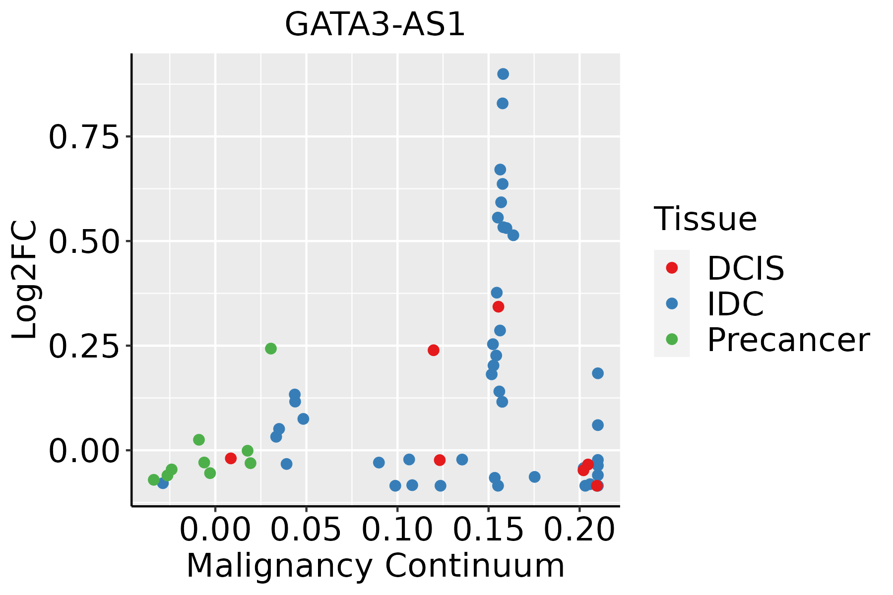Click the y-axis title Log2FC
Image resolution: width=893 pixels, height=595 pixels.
pos(25,280)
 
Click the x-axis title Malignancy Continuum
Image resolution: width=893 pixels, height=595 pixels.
pos(375,566)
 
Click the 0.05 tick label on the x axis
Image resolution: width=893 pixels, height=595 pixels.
pos(306,530)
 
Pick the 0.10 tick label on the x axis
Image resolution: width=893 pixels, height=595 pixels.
pos(397,530)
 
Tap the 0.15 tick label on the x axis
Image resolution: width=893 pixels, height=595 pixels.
pos(489,530)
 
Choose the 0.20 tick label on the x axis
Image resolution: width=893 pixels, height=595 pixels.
pos(579,530)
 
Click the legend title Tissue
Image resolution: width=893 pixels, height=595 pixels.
pos(705,219)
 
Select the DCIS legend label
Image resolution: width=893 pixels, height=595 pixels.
pos(745,268)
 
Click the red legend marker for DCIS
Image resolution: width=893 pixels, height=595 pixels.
pos(672,268)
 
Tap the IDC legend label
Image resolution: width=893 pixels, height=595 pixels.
pos(735,303)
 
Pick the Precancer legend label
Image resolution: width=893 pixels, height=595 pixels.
pos(788,340)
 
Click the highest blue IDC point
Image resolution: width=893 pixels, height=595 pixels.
pos(503,74)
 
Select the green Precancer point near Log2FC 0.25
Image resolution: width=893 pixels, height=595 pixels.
pos(270,349)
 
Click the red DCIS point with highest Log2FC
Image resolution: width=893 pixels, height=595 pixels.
pos(499,307)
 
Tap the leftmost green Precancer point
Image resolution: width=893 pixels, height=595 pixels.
pos(154,479)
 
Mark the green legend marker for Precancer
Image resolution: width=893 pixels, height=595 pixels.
pos(672,339)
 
